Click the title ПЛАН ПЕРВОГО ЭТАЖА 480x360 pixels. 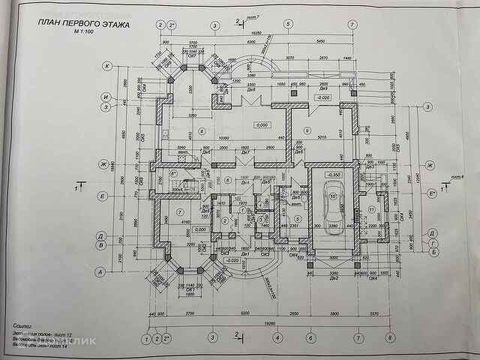(83, 25)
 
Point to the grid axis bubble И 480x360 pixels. (107, 97)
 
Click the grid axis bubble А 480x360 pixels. (97, 273)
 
